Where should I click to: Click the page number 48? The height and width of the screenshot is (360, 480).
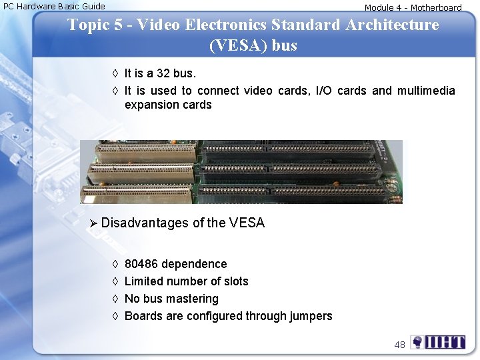click(x=399, y=345)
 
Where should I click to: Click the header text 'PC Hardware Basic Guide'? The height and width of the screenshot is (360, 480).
click(x=55, y=6)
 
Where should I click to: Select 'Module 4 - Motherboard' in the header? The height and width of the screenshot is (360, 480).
click(x=413, y=8)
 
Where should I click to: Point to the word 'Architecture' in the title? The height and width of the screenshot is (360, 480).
click(x=392, y=25)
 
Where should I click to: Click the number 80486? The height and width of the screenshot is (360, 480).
click(x=141, y=264)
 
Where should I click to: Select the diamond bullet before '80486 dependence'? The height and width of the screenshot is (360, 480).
click(x=115, y=264)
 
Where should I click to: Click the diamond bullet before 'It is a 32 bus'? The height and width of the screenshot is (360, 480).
click(x=115, y=73)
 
